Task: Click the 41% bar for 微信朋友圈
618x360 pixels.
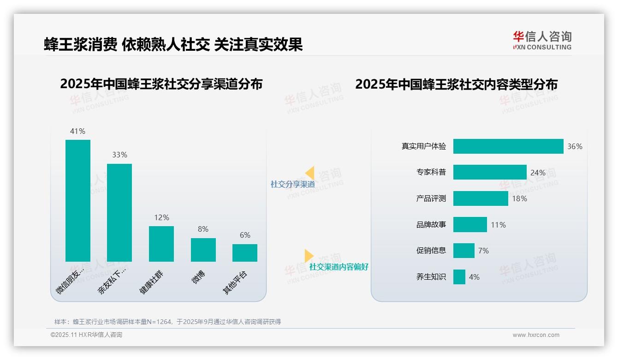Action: click(x=78, y=200)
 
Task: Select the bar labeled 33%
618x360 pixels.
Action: click(x=119, y=212)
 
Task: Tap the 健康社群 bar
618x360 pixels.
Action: click(x=161, y=244)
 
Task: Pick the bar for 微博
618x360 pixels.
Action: click(x=203, y=250)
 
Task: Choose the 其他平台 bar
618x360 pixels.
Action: click(x=245, y=253)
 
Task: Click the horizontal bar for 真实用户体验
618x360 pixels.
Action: click(x=508, y=146)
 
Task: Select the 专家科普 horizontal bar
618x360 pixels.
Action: click(x=490, y=172)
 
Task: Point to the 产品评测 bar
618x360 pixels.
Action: click(x=481, y=198)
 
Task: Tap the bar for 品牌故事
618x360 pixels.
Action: click(x=470, y=225)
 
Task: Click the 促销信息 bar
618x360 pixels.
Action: click(x=464, y=251)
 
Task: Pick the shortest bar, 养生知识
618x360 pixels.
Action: click(x=459, y=277)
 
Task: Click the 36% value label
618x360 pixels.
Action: click(x=575, y=146)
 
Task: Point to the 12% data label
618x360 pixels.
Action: click(x=161, y=217)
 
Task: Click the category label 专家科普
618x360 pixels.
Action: click(x=431, y=172)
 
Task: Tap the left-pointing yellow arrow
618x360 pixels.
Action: click(x=310, y=173)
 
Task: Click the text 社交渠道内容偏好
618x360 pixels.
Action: click(x=339, y=267)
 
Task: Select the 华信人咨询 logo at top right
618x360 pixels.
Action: click(x=542, y=40)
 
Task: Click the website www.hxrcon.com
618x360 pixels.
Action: click(x=536, y=335)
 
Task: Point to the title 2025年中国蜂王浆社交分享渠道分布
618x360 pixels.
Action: click(x=161, y=84)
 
